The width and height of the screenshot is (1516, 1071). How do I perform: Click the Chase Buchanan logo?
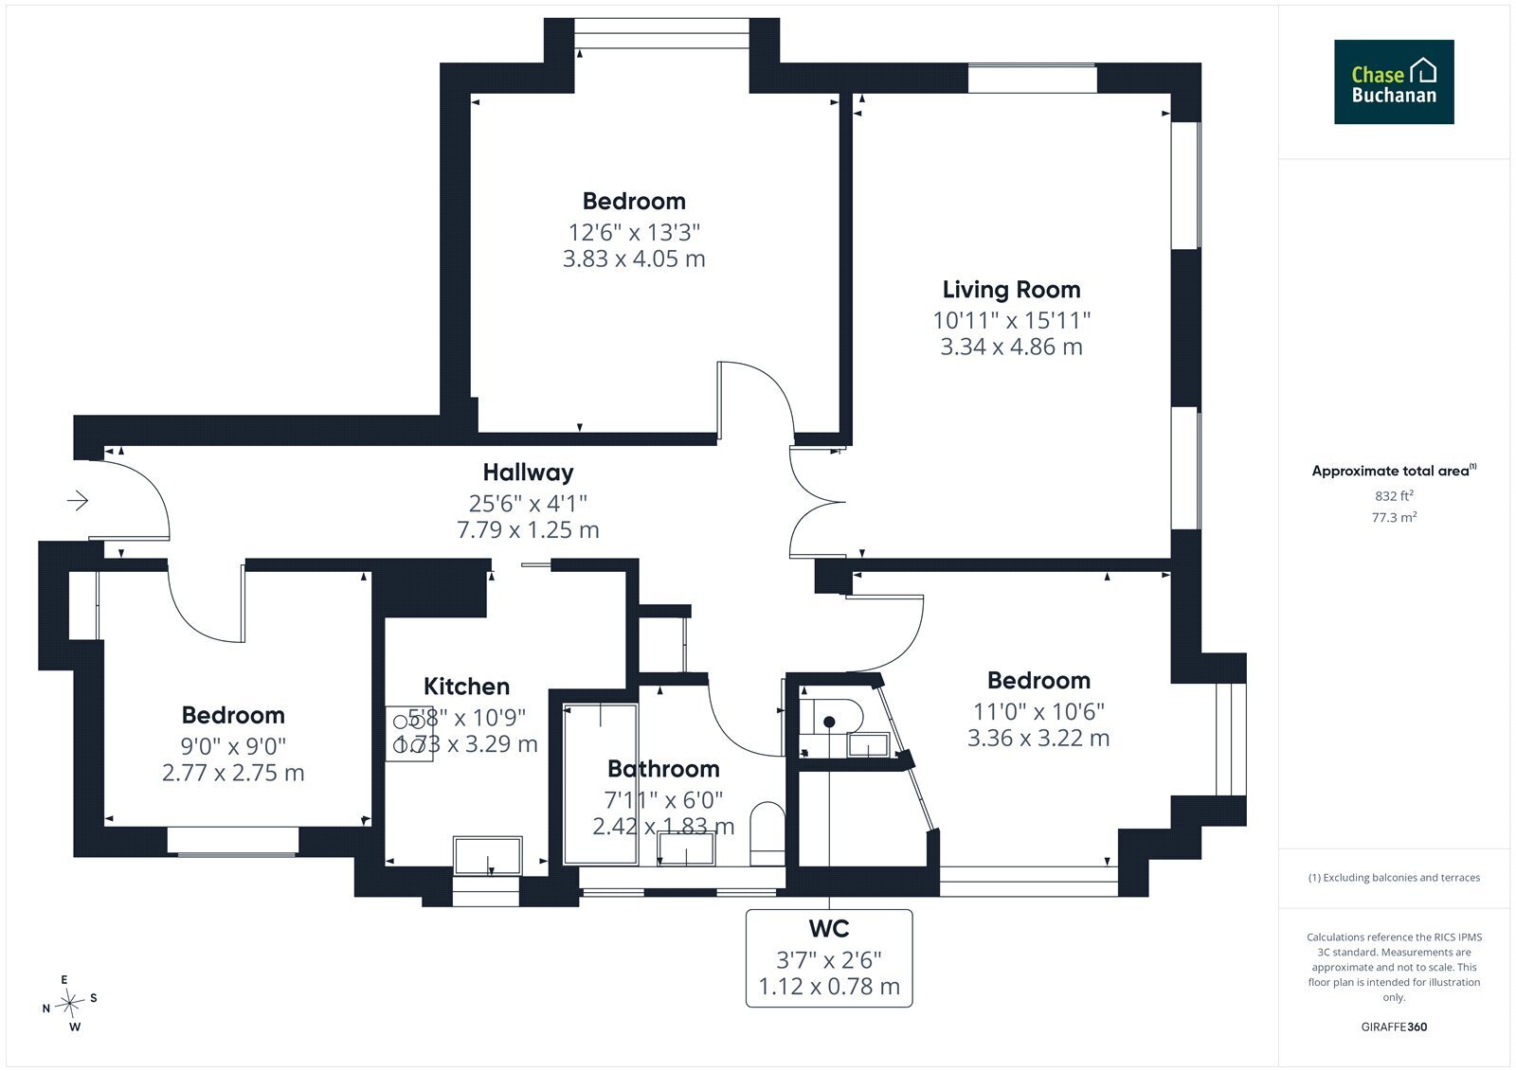pyautogui.click(x=1394, y=81)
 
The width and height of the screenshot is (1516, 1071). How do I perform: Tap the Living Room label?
pyautogui.click(x=1011, y=290)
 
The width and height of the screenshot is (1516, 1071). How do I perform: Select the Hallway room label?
pyautogui.click(x=528, y=473)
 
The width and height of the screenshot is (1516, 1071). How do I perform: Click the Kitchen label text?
pyautogui.click(x=466, y=686)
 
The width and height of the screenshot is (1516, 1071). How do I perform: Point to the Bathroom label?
pyautogui.click(x=663, y=769)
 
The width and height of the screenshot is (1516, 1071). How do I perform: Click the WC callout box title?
pyautogui.click(x=829, y=929)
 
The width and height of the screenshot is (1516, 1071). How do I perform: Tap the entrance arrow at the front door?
pyautogui.click(x=78, y=501)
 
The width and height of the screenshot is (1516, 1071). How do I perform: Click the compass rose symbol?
pyautogui.click(x=70, y=1004)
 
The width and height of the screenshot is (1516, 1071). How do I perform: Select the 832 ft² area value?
pyautogui.click(x=1394, y=495)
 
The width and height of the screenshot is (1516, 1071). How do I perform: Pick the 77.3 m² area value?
pyautogui.click(x=1394, y=517)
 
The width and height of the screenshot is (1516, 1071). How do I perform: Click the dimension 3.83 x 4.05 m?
pyautogui.click(x=634, y=259)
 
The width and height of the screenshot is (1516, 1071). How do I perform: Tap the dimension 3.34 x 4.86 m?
pyautogui.click(x=1011, y=347)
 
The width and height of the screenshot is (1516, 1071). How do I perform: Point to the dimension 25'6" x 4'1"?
pyautogui.click(x=528, y=504)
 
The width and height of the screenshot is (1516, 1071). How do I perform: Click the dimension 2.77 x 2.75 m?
pyautogui.click(x=233, y=773)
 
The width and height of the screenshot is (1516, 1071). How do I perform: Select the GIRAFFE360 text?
pyautogui.click(x=1394, y=1027)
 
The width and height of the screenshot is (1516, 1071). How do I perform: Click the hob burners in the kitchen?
pyautogui.click(x=408, y=734)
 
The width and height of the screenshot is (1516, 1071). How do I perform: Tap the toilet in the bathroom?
pyautogui.click(x=767, y=833)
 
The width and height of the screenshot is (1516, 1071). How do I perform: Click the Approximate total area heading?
pyautogui.click(x=1394, y=471)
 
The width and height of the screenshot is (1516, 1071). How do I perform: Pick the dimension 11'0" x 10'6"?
pyautogui.click(x=1038, y=712)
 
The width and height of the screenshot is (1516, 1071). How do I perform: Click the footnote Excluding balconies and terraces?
pyautogui.click(x=1394, y=878)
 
